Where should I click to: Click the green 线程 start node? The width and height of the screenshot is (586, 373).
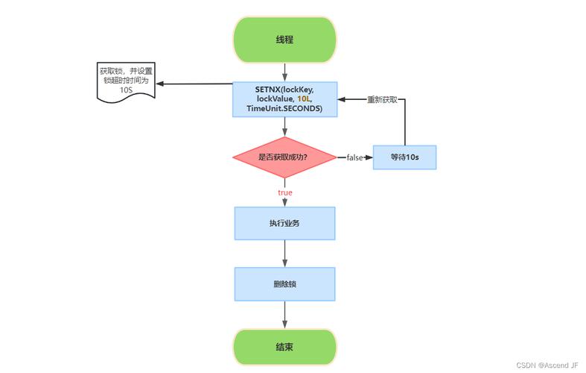[x=285, y=40]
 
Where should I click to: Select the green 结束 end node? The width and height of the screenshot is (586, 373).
[x=285, y=347]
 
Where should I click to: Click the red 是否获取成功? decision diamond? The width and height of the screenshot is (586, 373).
[x=285, y=157]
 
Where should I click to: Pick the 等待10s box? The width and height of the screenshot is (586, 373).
[x=404, y=157]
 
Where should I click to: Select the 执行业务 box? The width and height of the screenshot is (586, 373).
[x=285, y=223]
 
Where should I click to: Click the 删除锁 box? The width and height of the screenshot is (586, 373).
[x=285, y=284]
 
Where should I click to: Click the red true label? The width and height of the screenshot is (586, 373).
[x=285, y=192]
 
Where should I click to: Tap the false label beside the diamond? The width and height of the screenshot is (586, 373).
[x=354, y=157]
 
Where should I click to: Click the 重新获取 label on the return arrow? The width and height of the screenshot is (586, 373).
[x=382, y=99]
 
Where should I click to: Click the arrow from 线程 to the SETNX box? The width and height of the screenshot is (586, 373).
[x=285, y=72]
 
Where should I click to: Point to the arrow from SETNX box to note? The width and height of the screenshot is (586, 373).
[x=194, y=84]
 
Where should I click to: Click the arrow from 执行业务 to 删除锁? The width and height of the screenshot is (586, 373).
[x=285, y=254]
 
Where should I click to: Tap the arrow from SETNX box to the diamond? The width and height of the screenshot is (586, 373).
[x=285, y=127]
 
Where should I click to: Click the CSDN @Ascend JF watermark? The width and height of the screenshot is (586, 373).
[x=547, y=365]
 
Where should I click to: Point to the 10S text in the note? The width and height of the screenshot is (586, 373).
[x=126, y=90]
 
